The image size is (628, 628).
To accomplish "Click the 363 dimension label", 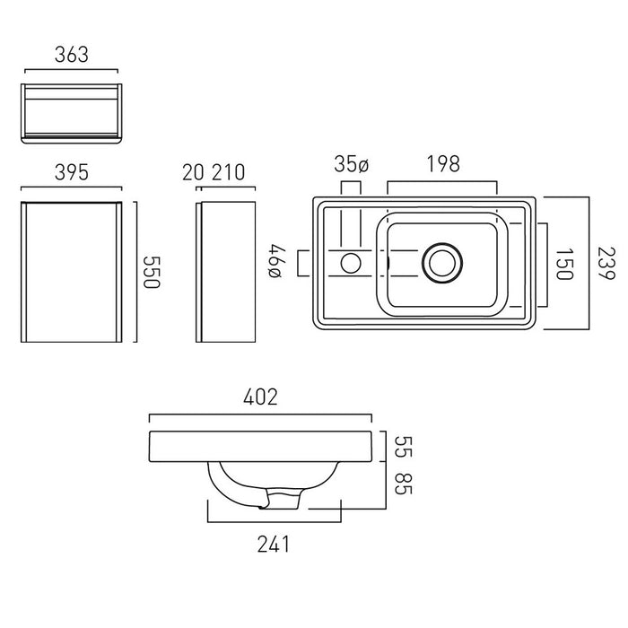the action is point(71,55).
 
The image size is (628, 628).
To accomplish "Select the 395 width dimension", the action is point(71,172).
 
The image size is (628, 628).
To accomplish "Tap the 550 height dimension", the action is point(152,272).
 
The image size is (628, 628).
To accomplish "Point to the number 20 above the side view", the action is point(193,172).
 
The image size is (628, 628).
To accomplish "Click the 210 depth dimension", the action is point(228,172).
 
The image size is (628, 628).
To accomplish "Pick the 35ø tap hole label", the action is point(352,164).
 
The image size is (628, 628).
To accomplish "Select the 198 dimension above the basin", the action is point(443,164).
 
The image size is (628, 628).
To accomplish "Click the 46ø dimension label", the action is point(277,261).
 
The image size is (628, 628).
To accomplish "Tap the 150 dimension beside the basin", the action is point(564,264).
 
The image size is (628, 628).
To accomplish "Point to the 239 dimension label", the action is point(606,264).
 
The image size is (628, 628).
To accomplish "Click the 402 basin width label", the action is point(260,397).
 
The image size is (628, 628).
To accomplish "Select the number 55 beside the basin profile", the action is point(404,447).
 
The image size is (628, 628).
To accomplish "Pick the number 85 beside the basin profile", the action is point(404,484).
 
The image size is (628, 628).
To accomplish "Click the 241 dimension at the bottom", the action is point(273,545).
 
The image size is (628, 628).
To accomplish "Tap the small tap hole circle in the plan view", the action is point(351,263).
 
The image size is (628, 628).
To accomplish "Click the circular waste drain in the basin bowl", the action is point(442,263).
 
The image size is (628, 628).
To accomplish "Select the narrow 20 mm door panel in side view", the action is point(198,273).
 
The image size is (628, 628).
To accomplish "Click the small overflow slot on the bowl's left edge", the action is point(388,263).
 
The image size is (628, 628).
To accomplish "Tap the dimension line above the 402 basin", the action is point(260,415).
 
